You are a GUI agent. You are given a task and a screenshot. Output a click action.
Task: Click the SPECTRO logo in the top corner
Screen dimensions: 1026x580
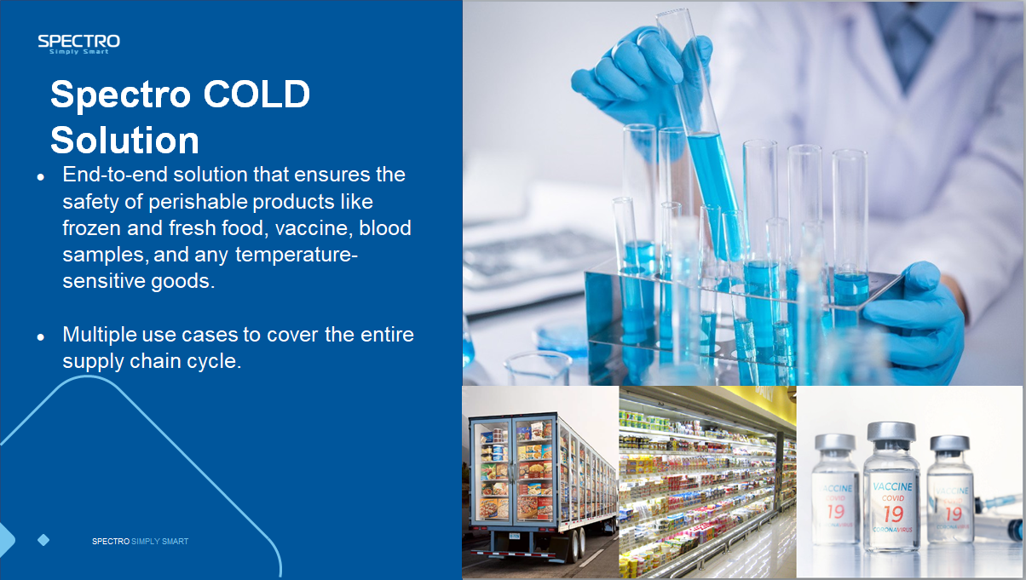click(x=78, y=44)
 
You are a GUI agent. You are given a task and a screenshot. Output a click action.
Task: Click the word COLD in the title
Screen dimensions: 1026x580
click(x=256, y=94)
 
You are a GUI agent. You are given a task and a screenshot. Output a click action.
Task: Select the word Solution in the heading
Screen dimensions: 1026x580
click(x=124, y=140)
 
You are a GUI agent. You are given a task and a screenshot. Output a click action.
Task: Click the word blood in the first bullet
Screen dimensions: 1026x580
click(x=385, y=227)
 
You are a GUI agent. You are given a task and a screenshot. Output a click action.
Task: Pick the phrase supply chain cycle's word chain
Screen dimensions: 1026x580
click(x=154, y=361)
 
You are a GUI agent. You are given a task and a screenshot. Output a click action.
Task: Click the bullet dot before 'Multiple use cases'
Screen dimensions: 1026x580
click(x=41, y=337)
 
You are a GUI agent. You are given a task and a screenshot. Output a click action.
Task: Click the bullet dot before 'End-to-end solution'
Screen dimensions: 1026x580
click(x=41, y=176)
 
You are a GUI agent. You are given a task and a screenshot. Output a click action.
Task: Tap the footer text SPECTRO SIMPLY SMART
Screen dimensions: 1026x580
click(x=140, y=541)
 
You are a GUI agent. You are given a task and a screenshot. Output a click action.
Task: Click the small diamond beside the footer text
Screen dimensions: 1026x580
click(x=43, y=540)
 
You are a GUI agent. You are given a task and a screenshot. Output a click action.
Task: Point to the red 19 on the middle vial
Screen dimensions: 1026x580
click(x=893, y=514)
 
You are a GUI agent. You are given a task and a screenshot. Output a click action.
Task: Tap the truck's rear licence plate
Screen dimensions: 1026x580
click(x=515, y=536)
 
